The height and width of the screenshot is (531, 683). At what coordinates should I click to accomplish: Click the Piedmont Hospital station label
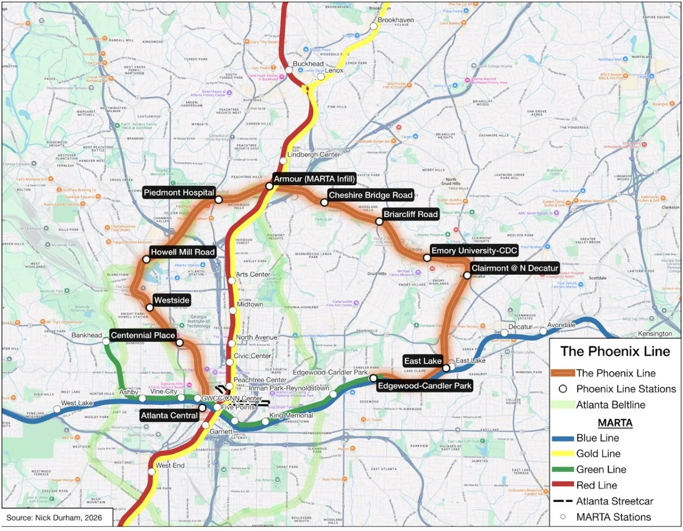(179, 192)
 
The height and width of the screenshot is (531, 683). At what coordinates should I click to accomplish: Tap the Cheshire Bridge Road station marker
(324, 202)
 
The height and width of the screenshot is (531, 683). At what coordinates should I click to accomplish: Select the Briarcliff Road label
(410, 215)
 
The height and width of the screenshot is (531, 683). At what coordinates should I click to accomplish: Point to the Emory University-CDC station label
(474, 251)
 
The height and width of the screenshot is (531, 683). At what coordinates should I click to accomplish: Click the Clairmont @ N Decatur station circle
(467, 276)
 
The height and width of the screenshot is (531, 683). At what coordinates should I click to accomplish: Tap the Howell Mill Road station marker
(147, 259)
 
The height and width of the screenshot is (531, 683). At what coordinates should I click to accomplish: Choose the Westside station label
(172, 300)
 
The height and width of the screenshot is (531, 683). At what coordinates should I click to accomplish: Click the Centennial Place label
(143, 335)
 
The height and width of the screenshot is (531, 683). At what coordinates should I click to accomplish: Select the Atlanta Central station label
(169, 415)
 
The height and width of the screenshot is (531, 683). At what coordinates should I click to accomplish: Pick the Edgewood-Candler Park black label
(424, 386)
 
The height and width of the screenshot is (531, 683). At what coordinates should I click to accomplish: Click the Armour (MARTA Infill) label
(314, 179)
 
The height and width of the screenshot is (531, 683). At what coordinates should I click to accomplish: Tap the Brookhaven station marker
(374, 26)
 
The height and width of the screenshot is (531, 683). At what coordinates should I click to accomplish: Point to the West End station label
(170, 465)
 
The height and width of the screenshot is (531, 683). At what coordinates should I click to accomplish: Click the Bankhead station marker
(106, 342)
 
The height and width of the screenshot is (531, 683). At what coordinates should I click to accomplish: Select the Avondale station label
(561, 325)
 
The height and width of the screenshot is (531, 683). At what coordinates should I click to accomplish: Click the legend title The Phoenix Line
(615, 352)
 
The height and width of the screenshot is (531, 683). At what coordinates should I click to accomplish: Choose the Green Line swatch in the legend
(562, 469)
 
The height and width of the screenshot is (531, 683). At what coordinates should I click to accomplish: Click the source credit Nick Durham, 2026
(54, 517)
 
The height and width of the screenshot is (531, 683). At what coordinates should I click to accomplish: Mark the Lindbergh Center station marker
(283, 161)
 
